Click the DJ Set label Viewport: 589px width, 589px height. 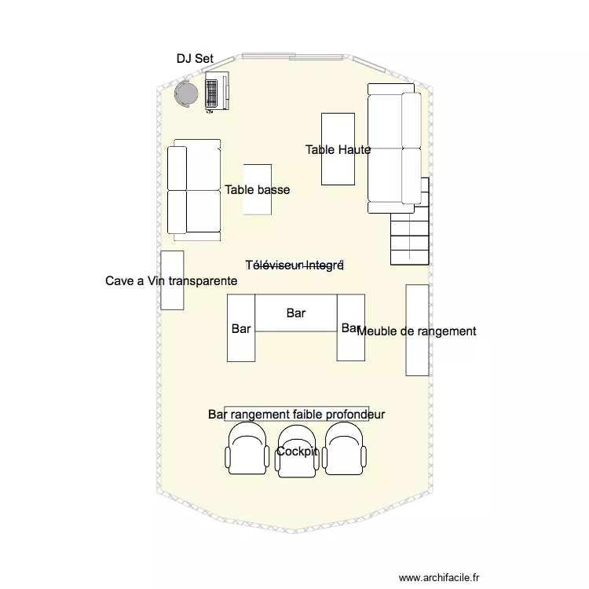195,59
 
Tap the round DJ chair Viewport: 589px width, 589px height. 187,94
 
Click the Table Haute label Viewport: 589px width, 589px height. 338,149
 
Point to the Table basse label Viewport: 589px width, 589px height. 257,189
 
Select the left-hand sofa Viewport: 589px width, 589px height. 194,189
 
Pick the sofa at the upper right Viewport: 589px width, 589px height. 395,148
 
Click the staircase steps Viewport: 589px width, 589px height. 410,232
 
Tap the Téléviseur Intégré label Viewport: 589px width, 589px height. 294,265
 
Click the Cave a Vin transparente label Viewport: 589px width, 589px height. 171,280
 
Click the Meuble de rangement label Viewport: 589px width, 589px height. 416,331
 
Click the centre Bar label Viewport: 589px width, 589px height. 296,313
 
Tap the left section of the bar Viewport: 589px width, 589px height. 241,346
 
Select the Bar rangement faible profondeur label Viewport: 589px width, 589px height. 297,414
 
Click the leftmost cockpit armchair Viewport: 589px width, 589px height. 247,452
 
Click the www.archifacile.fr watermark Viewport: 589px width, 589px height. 439,577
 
